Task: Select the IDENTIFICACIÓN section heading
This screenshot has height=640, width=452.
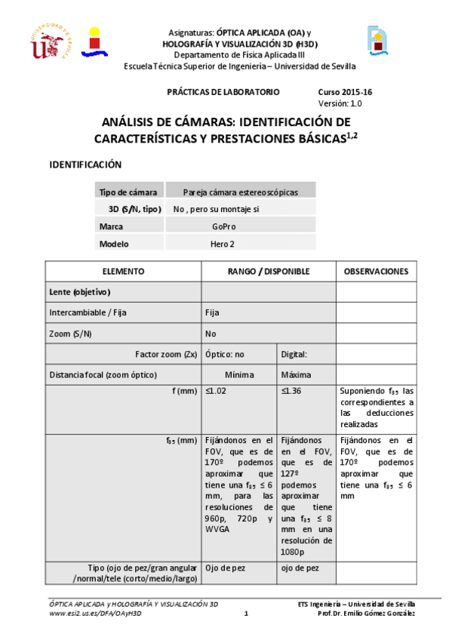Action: (x=85, y=165)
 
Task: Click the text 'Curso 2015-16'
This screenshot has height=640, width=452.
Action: (x=345, y=92)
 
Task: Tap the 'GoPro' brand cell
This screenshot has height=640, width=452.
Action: (x=224, y=226)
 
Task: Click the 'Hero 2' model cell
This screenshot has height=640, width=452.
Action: (x=223, y=244)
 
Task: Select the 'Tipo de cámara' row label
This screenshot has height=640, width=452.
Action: (x=128, y=192)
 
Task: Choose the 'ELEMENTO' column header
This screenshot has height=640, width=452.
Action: (x=123, y=271)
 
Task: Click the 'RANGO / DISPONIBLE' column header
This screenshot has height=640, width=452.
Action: (x=268, y=271)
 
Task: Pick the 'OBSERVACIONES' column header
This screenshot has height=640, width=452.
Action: (x=377, y=271)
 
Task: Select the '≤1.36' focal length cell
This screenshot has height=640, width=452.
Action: (x=291, y=391)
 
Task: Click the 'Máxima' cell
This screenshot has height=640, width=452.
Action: (x=296, y=374)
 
